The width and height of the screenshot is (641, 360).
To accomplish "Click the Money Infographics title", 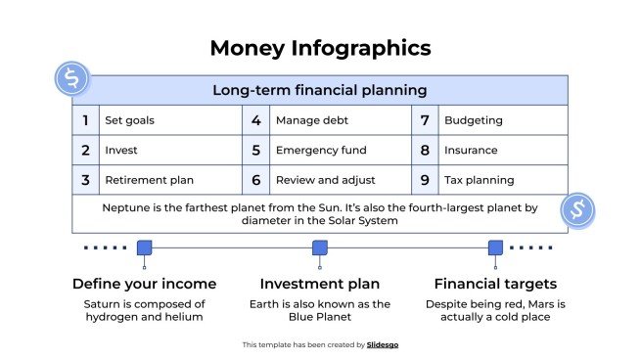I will tap(320, 48).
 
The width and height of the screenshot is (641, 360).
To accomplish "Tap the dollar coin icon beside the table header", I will tap(71, 78).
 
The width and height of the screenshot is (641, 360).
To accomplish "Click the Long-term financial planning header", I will tap(320, 90).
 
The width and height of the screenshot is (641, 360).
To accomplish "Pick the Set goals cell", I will tap(129, 121).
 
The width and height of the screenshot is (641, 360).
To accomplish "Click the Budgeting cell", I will tap(474, 121).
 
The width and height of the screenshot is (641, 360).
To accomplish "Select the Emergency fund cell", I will tap(321, 151).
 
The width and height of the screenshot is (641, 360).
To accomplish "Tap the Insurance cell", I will tap(471, 151).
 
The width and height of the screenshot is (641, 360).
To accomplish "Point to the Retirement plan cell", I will tap(149, 180).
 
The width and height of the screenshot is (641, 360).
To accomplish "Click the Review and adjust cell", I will tap(324, 180).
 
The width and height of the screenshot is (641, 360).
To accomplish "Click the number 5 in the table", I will tap(255, 151).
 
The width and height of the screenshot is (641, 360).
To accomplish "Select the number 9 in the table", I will tap(425, 180).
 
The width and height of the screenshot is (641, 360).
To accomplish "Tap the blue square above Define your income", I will tap(144, 247).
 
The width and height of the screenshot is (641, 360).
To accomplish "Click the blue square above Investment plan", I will tap(319, 247).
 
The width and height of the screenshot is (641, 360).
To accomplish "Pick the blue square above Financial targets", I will tap(495, 247).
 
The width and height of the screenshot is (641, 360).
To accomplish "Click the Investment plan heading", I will tap(319, 284).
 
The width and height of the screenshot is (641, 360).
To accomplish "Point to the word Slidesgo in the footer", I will tap(383, 344).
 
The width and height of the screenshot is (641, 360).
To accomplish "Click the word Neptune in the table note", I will tap(126, 207).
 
